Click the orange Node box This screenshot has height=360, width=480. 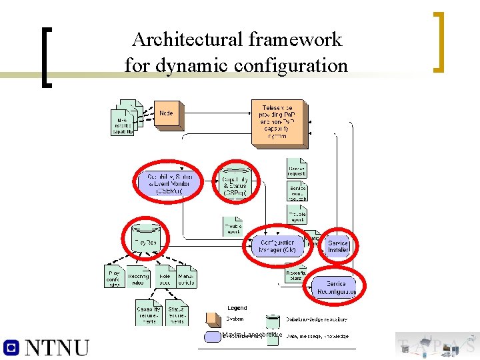point(166,114)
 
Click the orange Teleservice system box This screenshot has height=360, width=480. point(278,122)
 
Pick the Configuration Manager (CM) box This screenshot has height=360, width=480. point(277,246)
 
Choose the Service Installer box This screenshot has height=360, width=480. point(338,247)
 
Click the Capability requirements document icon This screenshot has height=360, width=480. point(148,312)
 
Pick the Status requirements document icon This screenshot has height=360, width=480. point(177,312)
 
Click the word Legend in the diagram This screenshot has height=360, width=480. point(237,308)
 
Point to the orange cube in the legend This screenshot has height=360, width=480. point(213,319)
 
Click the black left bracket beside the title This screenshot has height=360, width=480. point(46,57)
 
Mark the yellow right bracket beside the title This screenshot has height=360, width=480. point(438,41)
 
